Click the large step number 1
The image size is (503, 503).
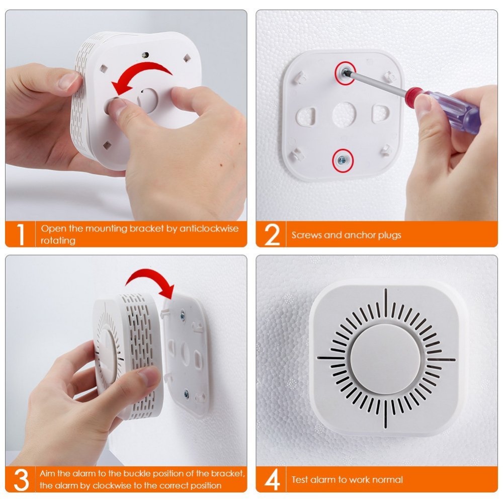(20, 234)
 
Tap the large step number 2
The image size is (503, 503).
(272, 234)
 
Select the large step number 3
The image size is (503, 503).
(21, 479)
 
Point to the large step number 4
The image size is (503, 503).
(272, 480)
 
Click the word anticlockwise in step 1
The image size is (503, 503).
(209, 228)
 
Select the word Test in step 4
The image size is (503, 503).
(300, 480)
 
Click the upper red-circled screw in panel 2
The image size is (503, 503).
(346, 72)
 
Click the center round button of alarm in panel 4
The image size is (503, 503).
(385, 358)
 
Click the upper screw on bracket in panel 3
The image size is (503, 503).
(182, 315)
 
